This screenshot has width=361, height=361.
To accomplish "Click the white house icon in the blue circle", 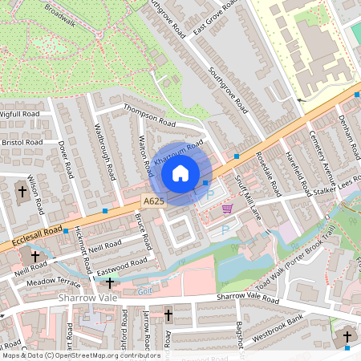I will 180,172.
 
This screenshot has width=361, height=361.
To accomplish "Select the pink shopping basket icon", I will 227,209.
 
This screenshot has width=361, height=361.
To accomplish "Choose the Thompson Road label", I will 148,116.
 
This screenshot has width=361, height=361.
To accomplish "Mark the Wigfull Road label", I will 19,115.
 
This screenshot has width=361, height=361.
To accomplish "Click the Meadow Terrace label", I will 54,283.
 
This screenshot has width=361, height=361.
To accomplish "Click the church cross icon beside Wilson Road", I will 22,192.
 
